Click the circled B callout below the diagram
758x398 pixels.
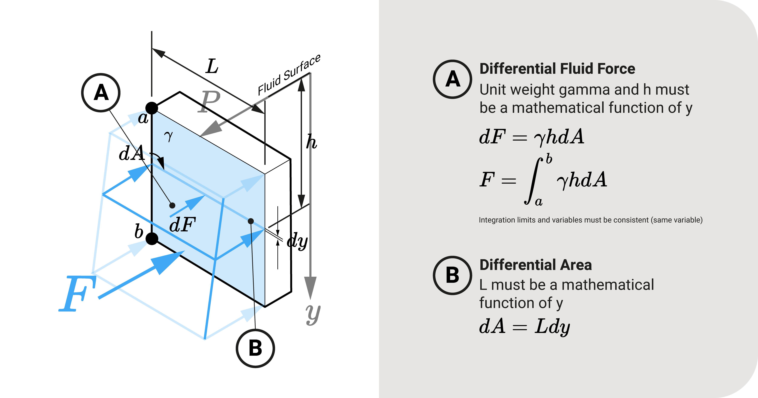point(255,348)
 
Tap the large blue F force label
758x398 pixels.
point(77,294)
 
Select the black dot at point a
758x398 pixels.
point(152,108)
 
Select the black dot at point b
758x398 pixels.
point(152,238)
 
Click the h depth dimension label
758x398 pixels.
point(311,142)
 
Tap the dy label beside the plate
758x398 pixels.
point(297,241)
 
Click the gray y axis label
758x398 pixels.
point(312,314)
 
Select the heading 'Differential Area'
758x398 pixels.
point(536,265)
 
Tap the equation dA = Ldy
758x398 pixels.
point(524,327)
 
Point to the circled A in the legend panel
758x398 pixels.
point(452,79)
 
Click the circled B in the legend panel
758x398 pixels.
point(452,275)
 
